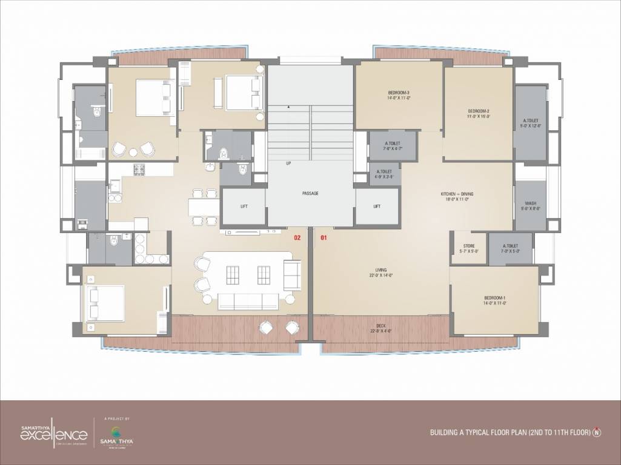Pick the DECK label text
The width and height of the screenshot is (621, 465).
click(x=381, y=328)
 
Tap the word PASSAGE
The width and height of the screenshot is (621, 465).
click(x=310, y=193)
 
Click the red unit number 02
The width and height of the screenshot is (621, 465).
click(x=297, y=238)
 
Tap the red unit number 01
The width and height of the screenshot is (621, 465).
click(x=323, y=238)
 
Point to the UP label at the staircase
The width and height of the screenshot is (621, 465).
click(x=288, y=163)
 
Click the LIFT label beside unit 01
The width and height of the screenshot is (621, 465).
click(x=377, y=206)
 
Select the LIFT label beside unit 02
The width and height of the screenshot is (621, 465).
click(x=244, y=206)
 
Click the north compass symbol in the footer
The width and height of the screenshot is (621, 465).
click(x=597, y=432)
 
